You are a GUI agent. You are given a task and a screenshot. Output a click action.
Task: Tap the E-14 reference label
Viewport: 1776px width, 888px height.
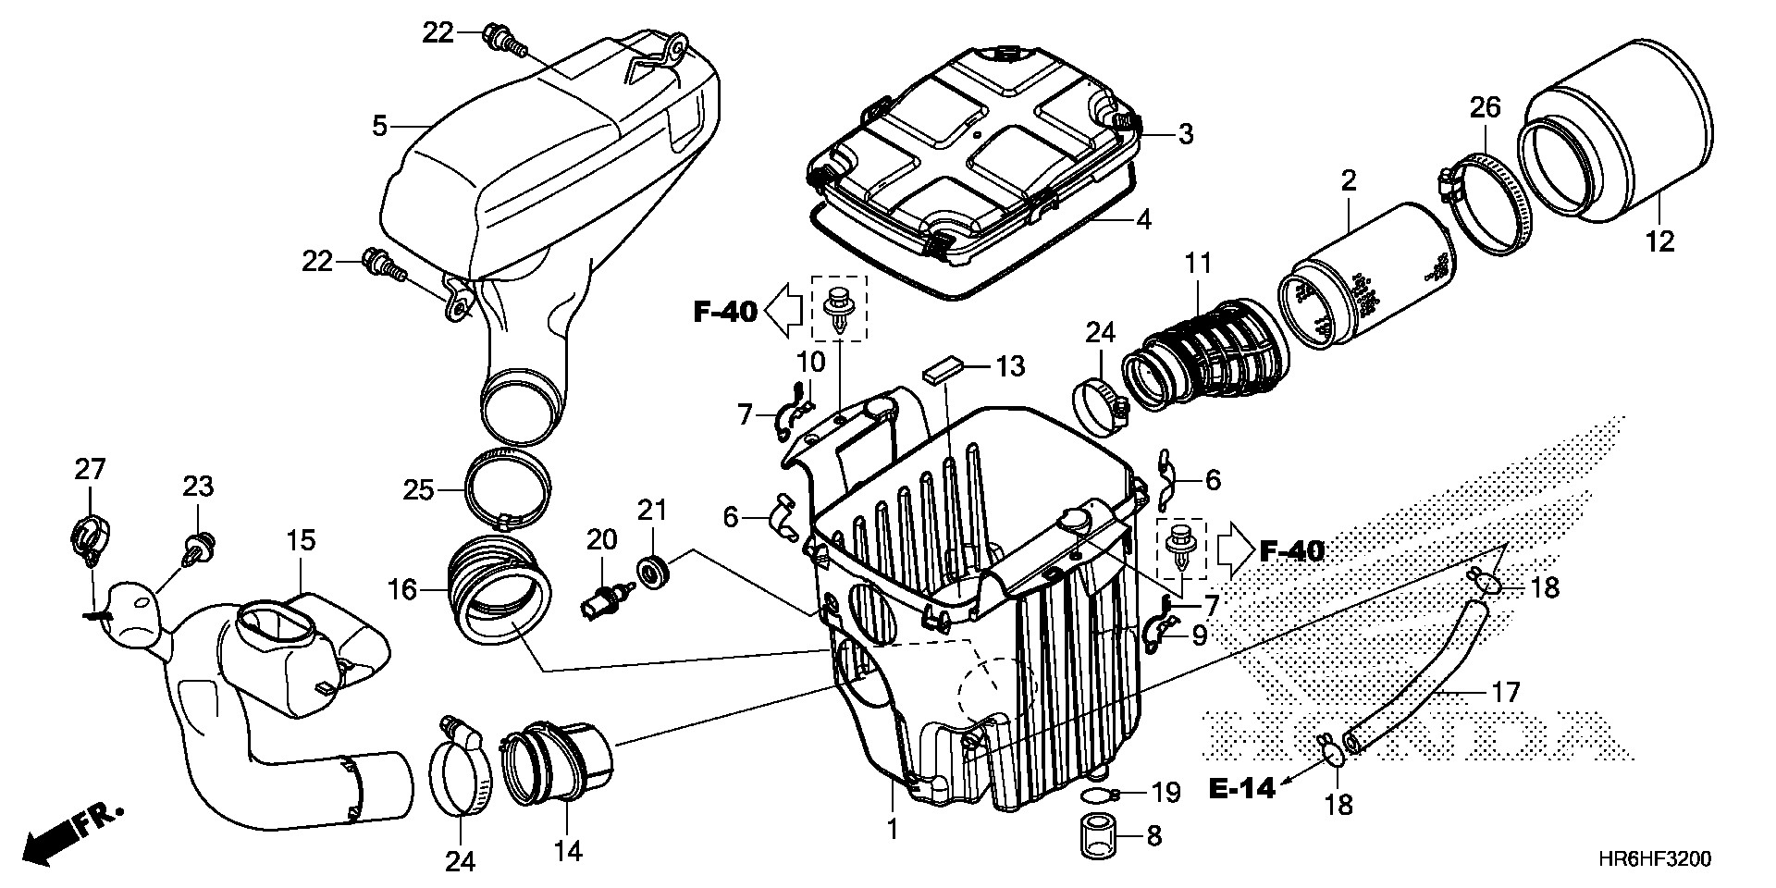pos(1242,788)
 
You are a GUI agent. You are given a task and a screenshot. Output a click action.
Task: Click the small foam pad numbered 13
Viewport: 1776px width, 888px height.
pos(943,370)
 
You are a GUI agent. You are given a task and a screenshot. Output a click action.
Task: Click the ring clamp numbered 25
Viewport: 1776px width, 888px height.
pos(507,485)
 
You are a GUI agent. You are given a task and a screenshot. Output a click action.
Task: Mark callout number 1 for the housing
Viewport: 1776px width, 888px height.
pos(893,830)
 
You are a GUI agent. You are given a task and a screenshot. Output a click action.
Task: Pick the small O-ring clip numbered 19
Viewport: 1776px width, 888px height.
pos(1099,795)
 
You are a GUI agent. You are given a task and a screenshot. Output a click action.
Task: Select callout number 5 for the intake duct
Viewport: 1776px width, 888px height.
pos(379,125)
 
